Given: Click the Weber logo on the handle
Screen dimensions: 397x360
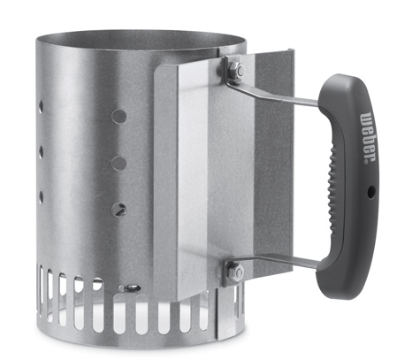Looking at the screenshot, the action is (368, 136).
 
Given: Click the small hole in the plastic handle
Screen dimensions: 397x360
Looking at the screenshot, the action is (370, 193).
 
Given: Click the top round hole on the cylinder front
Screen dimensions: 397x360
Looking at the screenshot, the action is (119, 116).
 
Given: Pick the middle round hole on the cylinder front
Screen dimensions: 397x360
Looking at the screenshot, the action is (119, 163).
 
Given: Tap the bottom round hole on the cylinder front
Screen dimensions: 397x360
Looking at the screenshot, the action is (118, 209).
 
